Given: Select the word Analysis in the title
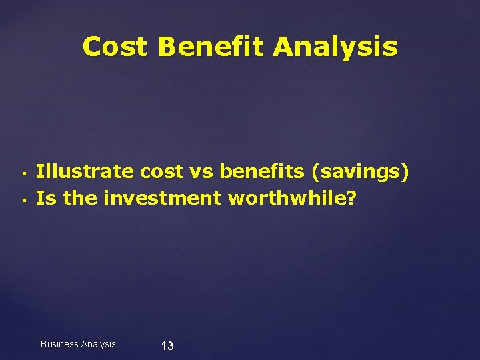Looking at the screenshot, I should (x=335, y=47).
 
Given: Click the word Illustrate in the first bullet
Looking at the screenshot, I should (x=85, y=172).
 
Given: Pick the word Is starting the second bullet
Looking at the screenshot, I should (x=44, y=198).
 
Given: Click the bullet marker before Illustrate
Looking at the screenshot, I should (x=23, y=174).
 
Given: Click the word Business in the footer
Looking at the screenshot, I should (x=59, y=344).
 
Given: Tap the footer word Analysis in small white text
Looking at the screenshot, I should (x=97, y=344).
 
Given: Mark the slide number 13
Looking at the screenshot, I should (x=167, y=345).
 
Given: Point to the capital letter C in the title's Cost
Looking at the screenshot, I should (x=93, y=47).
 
